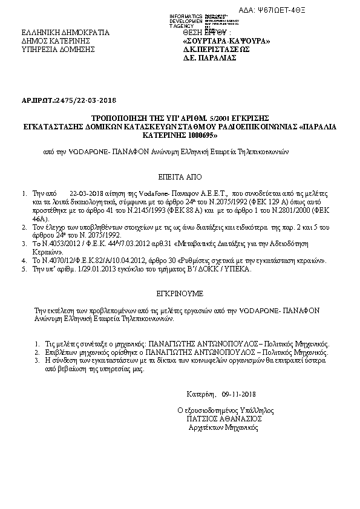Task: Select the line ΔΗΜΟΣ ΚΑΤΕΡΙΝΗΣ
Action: (55, 41)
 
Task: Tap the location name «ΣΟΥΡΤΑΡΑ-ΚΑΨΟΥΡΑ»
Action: (226, 41)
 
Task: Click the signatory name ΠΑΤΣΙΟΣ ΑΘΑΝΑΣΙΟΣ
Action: (224, 418)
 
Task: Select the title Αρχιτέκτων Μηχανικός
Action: (223, 427)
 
